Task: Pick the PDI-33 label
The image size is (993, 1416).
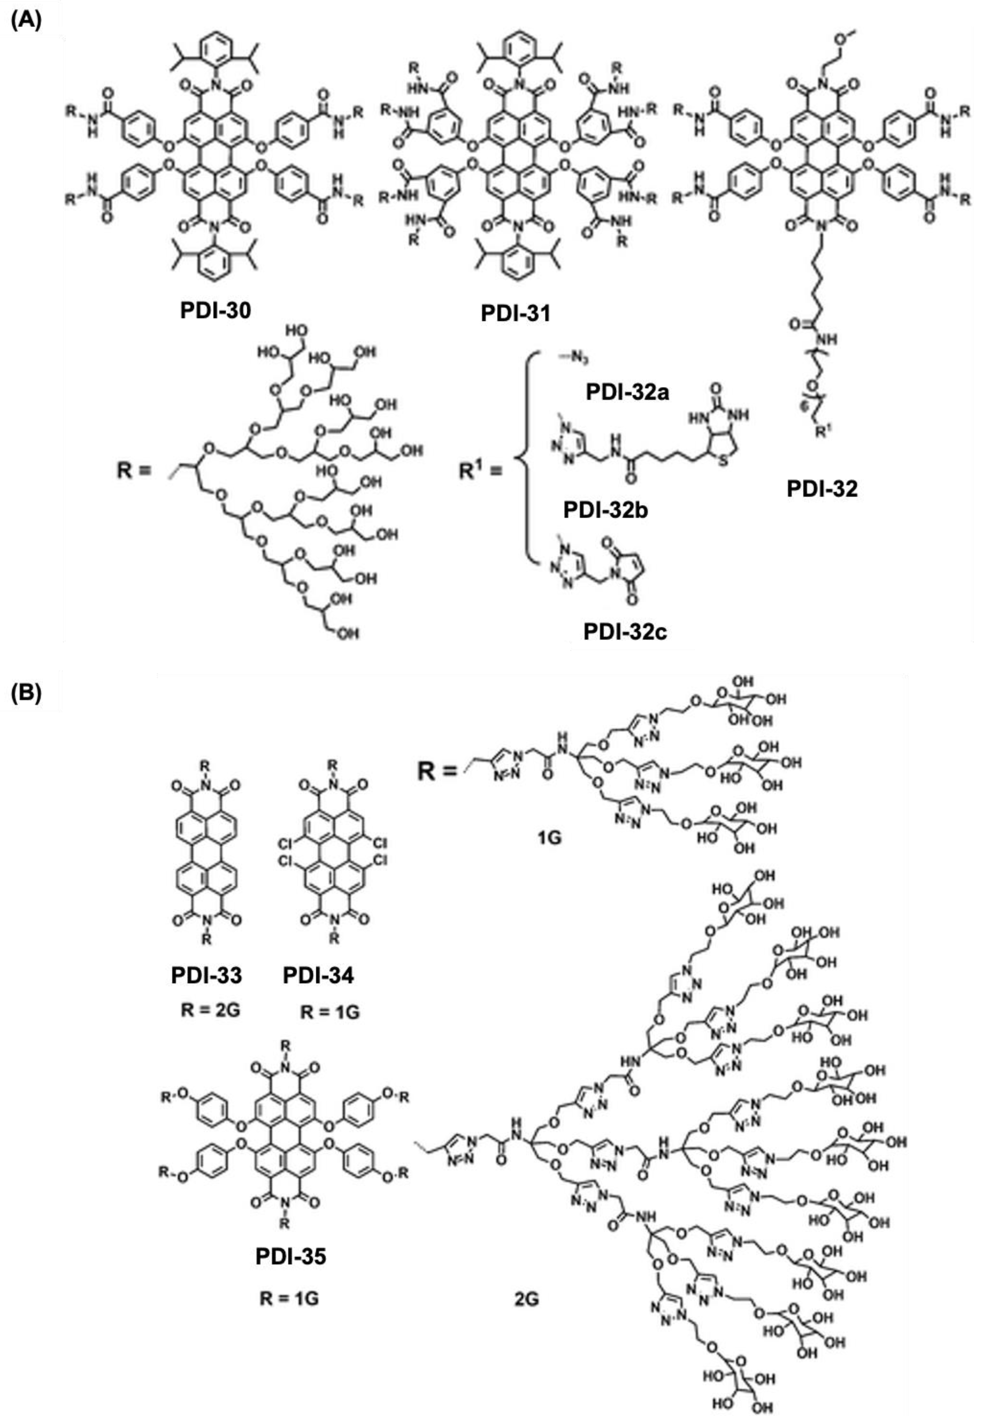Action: tap(207, 976)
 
